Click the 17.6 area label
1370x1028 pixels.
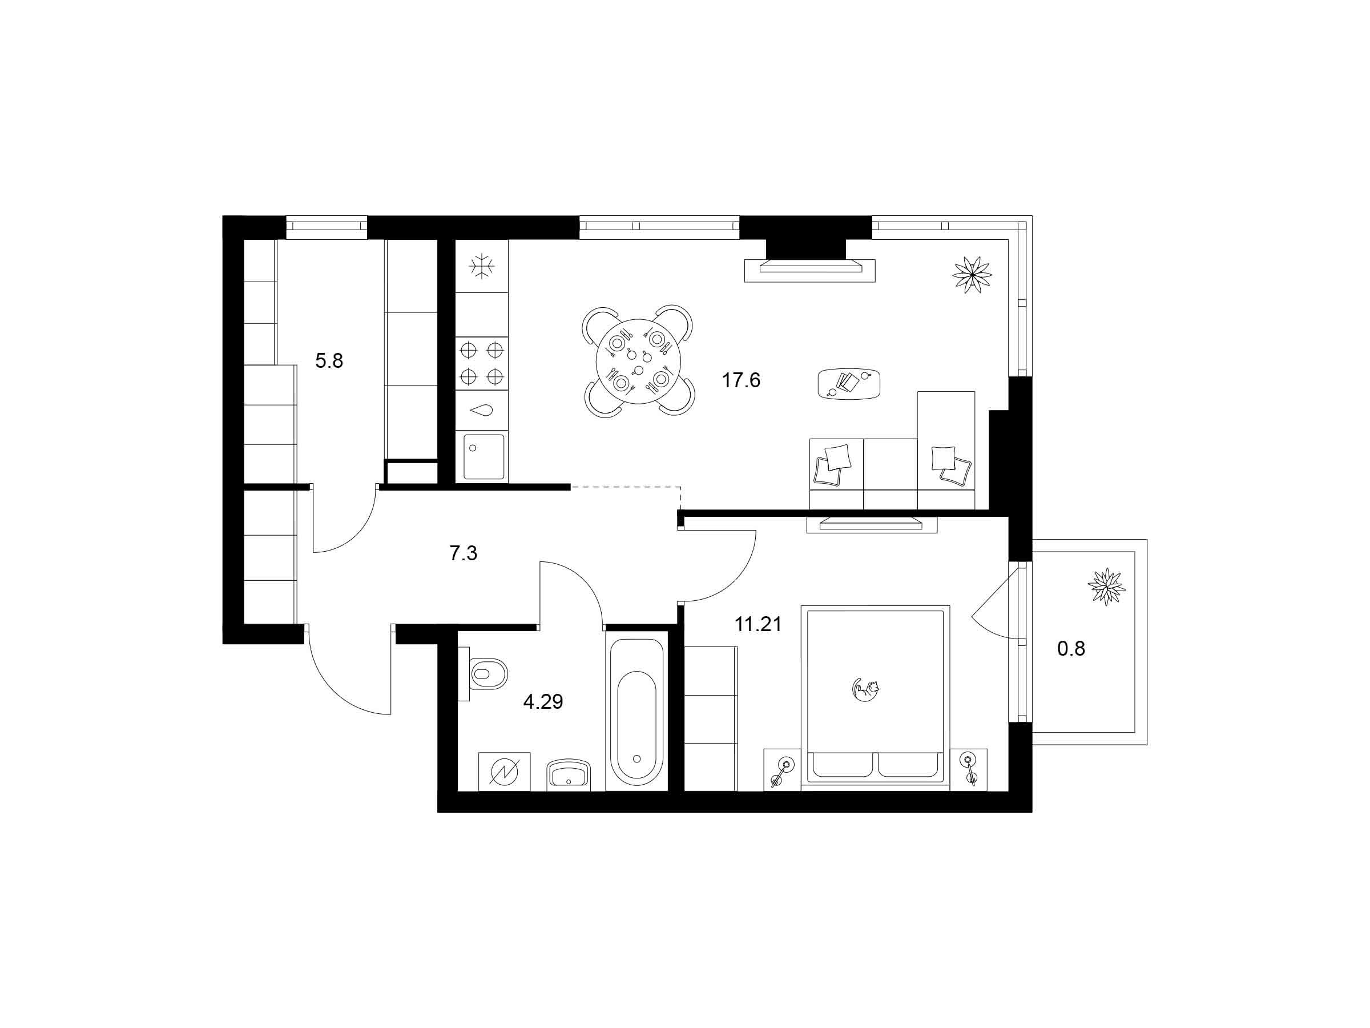[741, 380]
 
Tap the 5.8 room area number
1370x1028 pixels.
[329, 360]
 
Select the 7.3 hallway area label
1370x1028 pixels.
[464, 553]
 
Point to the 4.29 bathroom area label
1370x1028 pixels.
[543, 702]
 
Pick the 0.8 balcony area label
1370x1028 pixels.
[1071, 649]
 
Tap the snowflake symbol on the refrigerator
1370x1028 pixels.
[481, 267]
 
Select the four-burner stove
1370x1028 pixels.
[482, 363]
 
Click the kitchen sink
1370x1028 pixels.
[483, 457]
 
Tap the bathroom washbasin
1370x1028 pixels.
[569, 774]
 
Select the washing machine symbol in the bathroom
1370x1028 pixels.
[505, 772]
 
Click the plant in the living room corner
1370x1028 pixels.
[972, 274]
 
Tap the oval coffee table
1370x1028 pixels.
[849, 384]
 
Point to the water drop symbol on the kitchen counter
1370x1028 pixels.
[482, 410]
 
